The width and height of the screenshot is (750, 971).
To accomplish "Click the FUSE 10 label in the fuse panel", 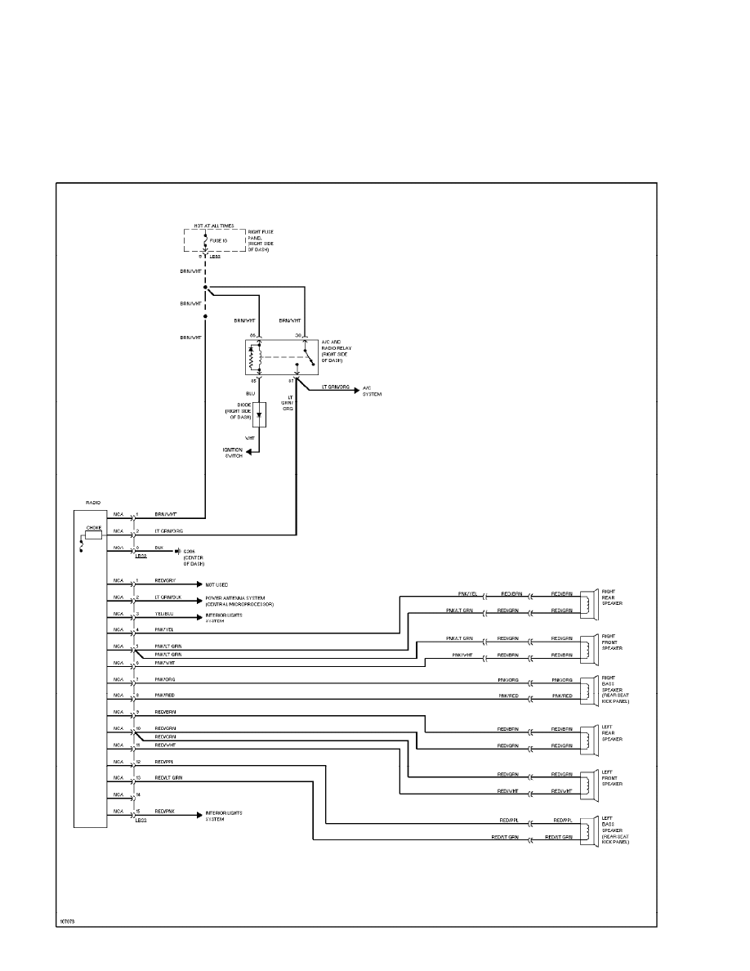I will pyautogui.click(x=219, y=241).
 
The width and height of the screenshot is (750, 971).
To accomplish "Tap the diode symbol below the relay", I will pyautogui.click(x=259, y=414).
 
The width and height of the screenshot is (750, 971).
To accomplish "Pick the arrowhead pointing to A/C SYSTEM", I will pyautogui.click(x=355, y=391).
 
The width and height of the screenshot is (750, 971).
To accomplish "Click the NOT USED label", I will pyautogui.click(x=217, y=585).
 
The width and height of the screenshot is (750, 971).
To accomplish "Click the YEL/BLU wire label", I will pyautogui.click(x=165, y=614).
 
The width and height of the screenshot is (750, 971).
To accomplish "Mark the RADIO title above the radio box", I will pyautogui.click(x=92, y=504).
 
